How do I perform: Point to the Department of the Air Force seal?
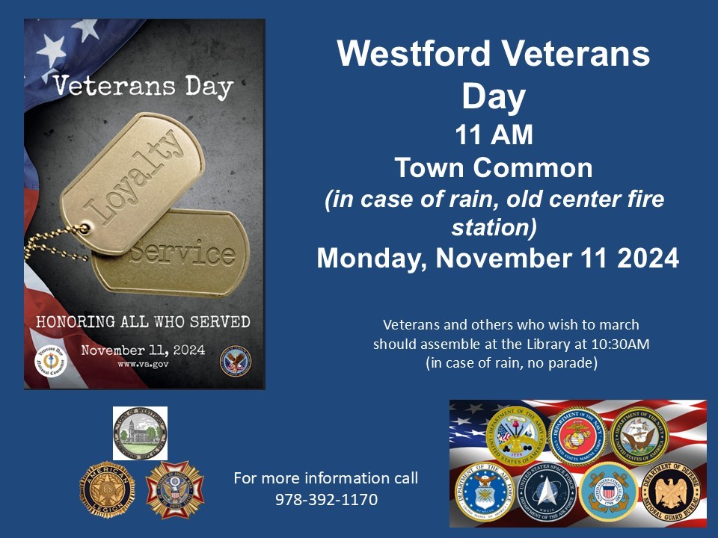(x=483, y=492)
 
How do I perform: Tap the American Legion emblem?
(x=106, y=490)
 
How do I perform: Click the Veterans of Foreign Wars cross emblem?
(x=174, y=490)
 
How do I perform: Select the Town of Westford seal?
(x=140, y=433)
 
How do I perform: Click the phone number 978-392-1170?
(x=326, y=498)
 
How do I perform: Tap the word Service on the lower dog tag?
(x=184, y=253)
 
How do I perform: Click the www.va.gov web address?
(x=142, y=365)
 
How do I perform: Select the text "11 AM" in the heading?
(x=494, y=135)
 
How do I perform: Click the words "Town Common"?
(x=494, y=168)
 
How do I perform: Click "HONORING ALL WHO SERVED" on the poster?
(x=144, y=322)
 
